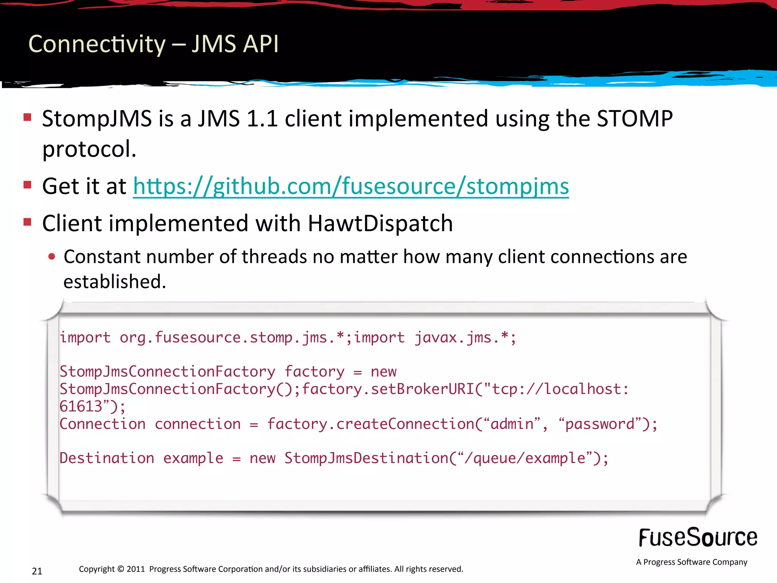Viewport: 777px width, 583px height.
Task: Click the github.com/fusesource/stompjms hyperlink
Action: pyautogui.click(x=351, y=187)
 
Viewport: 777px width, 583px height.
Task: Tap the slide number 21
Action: pyautogui.click(x=37, y=571)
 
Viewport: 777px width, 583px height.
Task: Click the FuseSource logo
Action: pyautogui.click(x=698, y=538)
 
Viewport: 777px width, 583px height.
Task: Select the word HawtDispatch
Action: pyautogui.click(x=380, y=223)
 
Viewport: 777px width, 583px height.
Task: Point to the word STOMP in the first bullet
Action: pyautogui.click(x=635, y=119)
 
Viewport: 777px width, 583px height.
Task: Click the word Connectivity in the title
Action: pyautogui.click(x=97, y=44)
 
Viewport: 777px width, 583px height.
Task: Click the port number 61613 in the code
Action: pyautogui.click(x=81, y=407)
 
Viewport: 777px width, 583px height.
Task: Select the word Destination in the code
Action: pyautogui.click(x=107, y=458)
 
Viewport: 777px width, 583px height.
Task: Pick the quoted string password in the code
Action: pyautogui.click(x=600, y=424)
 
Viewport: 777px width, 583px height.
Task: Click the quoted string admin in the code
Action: pyautogui.click(x=513, y=424)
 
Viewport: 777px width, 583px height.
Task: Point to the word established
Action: pyautogui.click(x=115, y=282)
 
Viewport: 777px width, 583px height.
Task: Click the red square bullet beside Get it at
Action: pyautogui.click(x=27, y=185)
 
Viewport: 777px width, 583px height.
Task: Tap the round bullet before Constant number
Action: pyautogui.click(x=52, y=257)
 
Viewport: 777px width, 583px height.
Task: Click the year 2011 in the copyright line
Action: pyautogui.click(x=136, y=569)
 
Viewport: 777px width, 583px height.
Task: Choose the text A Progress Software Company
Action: pyautogui.click(x=692, y=562)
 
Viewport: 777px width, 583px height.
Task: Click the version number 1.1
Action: pyautogui.click(x=262, y=119)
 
